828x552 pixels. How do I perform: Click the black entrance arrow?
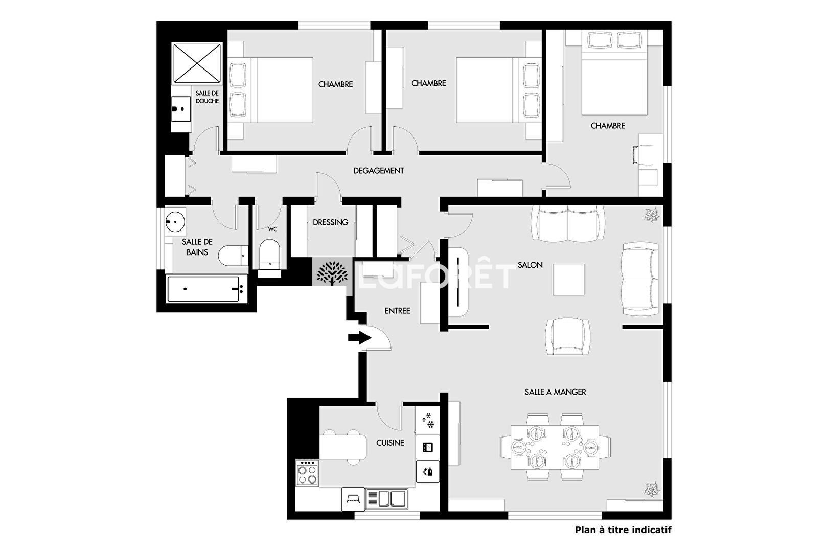click(360, 337)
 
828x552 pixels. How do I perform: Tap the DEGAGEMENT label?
click(379, 171)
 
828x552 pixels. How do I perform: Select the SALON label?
click(530, 265)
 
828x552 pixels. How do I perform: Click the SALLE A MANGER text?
click(555, 392)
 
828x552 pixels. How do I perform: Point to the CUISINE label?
click(390, 443)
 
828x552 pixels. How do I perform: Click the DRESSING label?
click(331, 222)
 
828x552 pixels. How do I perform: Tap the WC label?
click(272, 229)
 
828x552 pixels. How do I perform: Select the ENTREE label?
click(397, 311)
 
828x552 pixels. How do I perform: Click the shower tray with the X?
click(197, 63)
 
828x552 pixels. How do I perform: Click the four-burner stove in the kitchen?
click(307, 472)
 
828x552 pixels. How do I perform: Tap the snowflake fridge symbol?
click(428, 421)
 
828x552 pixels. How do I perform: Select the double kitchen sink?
click(387, 499)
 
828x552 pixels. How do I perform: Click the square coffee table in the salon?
click(568, 280)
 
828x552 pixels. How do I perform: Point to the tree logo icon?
click(332, 273)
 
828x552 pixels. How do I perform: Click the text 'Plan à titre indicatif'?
click(623, 530)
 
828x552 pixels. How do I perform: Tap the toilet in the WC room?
click(270, 255)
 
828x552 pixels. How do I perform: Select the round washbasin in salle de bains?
click(175, 222)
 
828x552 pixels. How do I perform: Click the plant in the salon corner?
click(652, 215)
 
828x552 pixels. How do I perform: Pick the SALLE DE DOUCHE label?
click(207, 97)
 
